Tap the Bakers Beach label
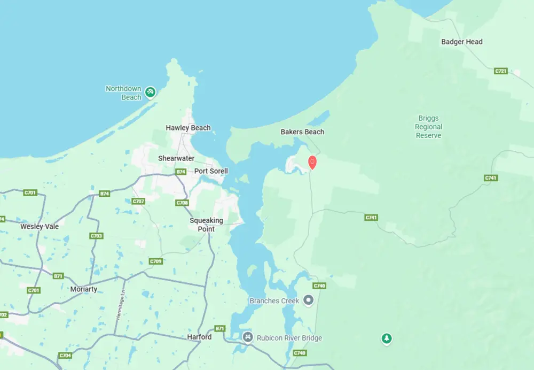tap(302, 132)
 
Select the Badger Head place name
tap(461, 42)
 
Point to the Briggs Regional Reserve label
tap(428, 127)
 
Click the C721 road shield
tap(500, 71)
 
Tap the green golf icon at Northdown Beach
tap(151, 92)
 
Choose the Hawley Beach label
tap(188, 128)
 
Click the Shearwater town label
tap(176, 158)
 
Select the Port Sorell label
tap(211, 171)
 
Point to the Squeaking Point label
tap(206, 225)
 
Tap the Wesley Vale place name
tap(40, 226)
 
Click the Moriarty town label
tap(84, 289)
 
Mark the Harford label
tap(199, 337)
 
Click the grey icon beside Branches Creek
tap(308, 300)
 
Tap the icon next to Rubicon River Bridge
tap(248, 337)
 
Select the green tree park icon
tap(387, 338)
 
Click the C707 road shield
tap(138, 202)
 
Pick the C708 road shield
tap(182, 203)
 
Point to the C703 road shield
tap(97, 236)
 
